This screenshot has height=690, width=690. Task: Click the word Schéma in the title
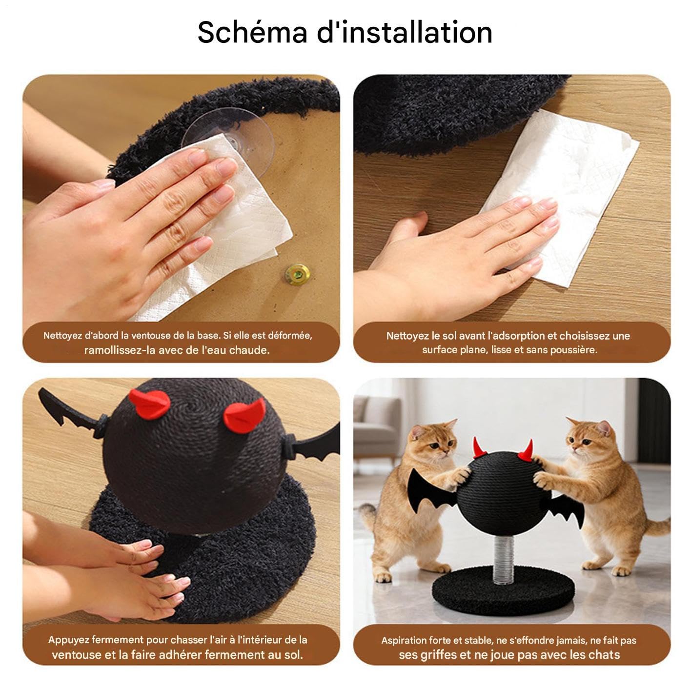(x=252, y=33)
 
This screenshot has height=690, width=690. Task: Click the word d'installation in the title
(x=405, y=33)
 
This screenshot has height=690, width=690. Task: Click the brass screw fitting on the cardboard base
(x=298, y=274)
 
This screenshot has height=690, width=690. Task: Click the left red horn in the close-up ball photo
(x=150, y=404)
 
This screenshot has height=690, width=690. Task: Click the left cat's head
(x=434, y=441)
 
